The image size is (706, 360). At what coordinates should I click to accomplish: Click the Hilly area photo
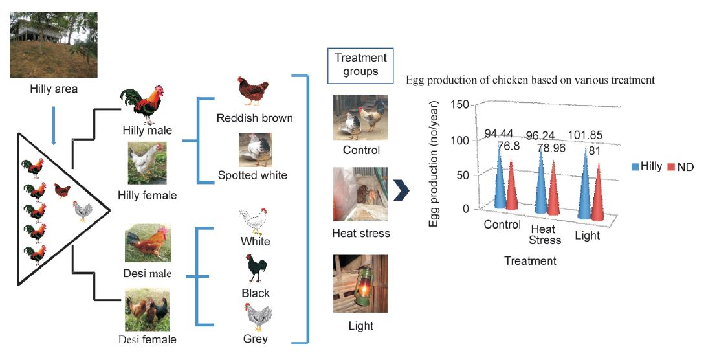(x=54, y=45)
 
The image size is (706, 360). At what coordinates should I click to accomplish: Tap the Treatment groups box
(x=360, y=65)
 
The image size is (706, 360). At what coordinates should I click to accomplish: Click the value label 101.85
(x=585, y=135)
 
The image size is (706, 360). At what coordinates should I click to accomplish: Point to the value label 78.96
(x=551, y=148)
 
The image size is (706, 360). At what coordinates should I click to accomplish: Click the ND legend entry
(x=680, y=167)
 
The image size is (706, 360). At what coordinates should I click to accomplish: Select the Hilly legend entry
(x=646, y=166)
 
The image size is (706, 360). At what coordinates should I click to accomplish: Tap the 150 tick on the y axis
(x=459, y=105)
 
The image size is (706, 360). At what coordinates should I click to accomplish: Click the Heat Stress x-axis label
(x=545, y=235)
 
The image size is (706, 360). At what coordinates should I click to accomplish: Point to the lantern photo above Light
(x=360, y=284)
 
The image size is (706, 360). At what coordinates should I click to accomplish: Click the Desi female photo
(x=148, y=310)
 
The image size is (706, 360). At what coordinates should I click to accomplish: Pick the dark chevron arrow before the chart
(x=402, y=192)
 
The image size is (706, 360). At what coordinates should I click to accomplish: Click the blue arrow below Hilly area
(x=54, y=126)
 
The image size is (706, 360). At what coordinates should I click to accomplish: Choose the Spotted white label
(x=252, y=175)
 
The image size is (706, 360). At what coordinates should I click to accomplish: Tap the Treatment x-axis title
(x=531, y=260)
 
